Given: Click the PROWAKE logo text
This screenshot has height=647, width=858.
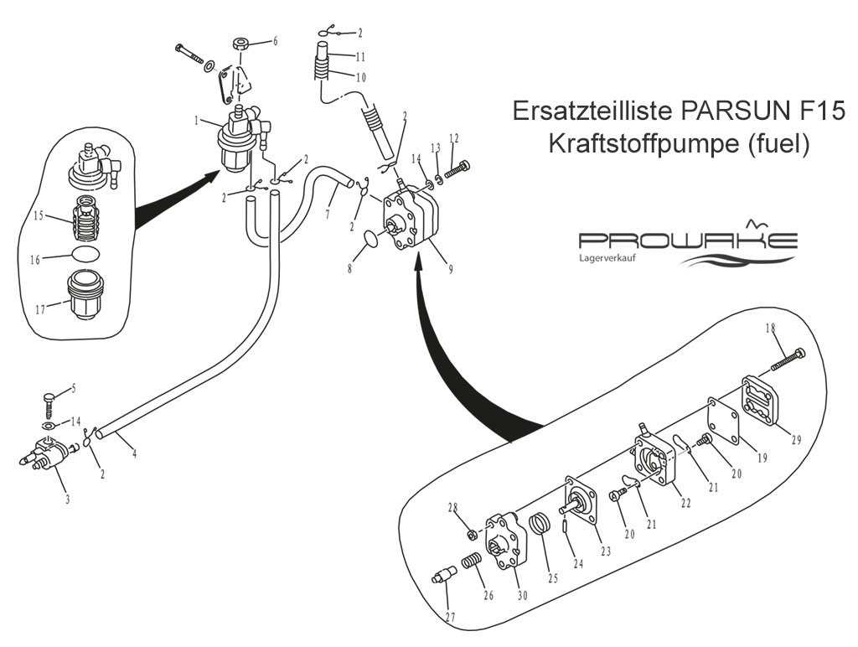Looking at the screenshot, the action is (688, 240).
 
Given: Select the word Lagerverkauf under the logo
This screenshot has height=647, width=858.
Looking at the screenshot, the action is (607, 257).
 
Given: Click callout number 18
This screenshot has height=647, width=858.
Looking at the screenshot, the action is (771, 328).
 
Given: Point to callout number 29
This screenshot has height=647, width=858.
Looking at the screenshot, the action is (796, 439).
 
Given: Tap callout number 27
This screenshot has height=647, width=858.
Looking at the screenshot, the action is (450, 617).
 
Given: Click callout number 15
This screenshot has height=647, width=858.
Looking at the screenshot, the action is (38, 215).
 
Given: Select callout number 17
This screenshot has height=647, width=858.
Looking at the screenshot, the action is (40, 310).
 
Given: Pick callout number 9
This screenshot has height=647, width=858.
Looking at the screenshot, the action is (450, 269).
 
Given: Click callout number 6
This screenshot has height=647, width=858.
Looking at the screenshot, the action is (275, 40).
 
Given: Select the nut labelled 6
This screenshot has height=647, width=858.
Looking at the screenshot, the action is (241, 44).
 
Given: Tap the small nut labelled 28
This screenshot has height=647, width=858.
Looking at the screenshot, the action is (471, 533).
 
